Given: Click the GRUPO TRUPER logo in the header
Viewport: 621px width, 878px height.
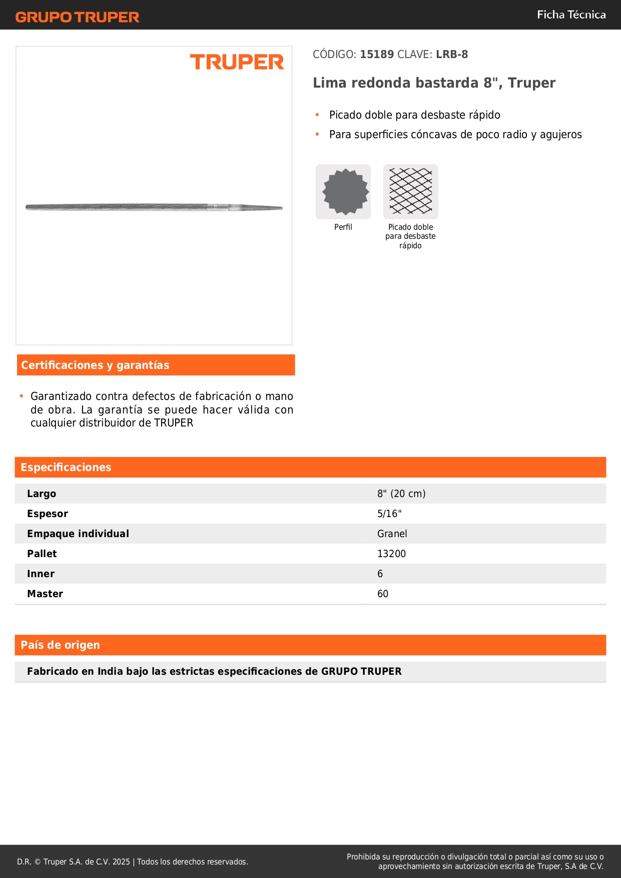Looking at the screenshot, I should point(78,17).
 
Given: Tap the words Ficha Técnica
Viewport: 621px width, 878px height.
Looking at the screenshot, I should point(571,15).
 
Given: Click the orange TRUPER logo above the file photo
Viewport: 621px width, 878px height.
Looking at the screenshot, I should point(237,62).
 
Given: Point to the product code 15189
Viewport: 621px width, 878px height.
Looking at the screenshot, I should point(377,55).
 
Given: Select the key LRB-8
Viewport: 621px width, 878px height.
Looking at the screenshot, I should point(452,55).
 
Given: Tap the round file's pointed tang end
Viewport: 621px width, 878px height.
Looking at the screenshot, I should point(273,208).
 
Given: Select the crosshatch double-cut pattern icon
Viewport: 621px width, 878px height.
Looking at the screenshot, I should point(410,192).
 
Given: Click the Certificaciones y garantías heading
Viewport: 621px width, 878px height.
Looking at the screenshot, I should point(95,365).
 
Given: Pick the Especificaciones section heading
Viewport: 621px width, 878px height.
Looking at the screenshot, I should point(66,468).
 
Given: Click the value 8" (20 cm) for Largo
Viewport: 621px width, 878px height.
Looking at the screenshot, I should point(401,494).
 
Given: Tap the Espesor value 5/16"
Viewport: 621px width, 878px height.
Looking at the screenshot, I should point(389,514).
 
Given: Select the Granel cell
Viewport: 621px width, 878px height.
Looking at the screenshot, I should point(392,534).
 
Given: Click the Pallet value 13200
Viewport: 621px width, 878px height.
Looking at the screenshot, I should point(391,554).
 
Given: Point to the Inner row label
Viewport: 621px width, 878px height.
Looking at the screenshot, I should point(41,574).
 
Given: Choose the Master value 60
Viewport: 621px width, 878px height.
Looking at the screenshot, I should point(383,594).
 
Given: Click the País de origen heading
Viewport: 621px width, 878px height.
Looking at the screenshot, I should point(60,645).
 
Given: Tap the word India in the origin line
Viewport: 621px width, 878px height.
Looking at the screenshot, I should point(110,672).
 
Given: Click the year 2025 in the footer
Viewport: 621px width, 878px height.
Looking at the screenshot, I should point(121,862).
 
